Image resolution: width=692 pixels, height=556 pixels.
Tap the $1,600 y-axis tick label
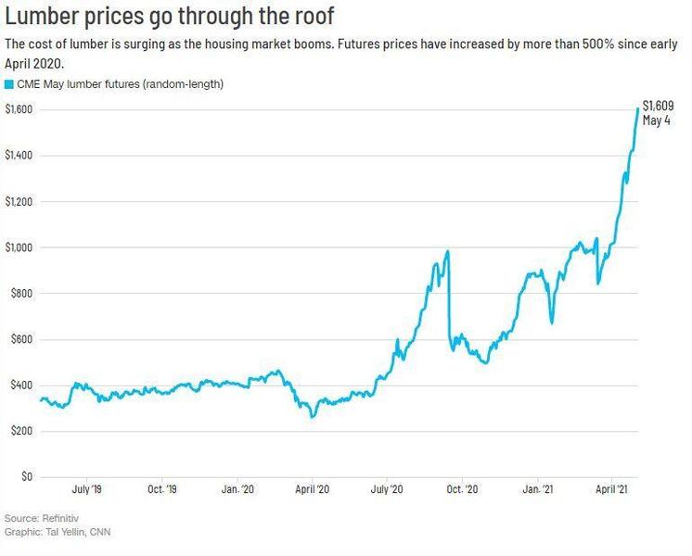pos(19,109)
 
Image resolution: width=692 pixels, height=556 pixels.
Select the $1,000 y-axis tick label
pos(19,247)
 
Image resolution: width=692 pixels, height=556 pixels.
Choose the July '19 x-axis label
pos(86,487)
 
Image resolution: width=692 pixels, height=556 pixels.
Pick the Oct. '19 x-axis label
pos(161,487)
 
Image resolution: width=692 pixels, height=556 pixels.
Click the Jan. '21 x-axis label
pos(540,487)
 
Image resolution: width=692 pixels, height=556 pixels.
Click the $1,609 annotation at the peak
pos(658,106)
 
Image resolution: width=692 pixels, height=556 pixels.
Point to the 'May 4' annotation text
pos(657,120)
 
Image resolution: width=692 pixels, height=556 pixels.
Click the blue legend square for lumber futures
pos(9,84)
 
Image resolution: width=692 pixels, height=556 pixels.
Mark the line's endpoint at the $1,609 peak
pos(637,109)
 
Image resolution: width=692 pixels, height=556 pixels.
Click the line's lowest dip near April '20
pos(313,417)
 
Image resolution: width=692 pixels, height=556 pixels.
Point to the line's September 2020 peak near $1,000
pos(448,251)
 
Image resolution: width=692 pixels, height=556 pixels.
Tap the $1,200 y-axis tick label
pos(19,201)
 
